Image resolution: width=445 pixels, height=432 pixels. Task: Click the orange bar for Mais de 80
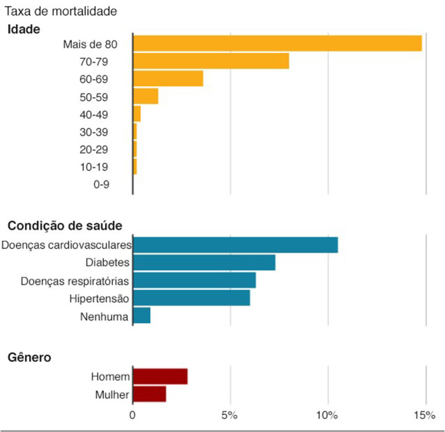coord(277,44)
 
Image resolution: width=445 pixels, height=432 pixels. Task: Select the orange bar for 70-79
coord(211,61)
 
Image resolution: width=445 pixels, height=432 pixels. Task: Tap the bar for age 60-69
coord(168,79)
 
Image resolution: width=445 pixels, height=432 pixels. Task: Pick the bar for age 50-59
coord(145,97)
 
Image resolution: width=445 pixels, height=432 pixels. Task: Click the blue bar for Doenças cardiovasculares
coord(235,245)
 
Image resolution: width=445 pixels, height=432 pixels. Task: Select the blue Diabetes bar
coord(204,263)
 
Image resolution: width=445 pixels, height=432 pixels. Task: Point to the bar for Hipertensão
coord(191,298)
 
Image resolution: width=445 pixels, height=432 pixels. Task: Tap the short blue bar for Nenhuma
coord(141,316)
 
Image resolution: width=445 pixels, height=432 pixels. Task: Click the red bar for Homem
coord(160,377)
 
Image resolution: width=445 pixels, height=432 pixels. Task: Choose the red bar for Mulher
coord(149,394)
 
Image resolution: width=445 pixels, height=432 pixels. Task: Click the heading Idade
coord(24,29)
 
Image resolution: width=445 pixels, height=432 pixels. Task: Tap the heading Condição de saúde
coord(64,226)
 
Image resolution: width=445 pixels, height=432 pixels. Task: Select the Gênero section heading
coord(29,357)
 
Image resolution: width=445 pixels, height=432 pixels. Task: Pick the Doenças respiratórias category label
coord(75,280)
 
